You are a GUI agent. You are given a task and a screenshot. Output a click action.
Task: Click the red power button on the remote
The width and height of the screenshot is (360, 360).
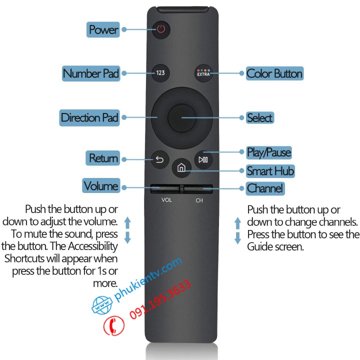pyautogui.click(x=160, y=29)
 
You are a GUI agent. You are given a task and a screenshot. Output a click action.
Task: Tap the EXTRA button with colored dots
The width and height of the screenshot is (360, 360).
pyautogui.click(x=202, y=73)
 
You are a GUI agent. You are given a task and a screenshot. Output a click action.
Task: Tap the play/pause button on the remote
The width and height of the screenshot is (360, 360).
pyautogui.click(x=202, y=159)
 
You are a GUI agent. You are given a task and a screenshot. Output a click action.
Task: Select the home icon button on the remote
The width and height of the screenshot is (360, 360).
pyautogui.click(x=181, y=168)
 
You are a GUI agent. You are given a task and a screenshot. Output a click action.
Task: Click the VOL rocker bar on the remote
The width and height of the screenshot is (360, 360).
pyautogui.click(x=165, y=189)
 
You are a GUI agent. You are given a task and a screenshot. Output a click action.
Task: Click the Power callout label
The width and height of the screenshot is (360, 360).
pyautogui.click(x=103, y=29)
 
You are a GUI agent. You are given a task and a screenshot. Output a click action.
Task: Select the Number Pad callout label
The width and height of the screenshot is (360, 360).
pyautogui.click(x=91, y=73)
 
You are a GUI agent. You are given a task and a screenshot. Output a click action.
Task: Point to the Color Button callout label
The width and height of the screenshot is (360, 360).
pyautogui.click(x=274, y=73)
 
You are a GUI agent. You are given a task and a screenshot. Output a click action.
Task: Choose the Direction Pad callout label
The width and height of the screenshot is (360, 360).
pyautogui.click(x=89, y=117)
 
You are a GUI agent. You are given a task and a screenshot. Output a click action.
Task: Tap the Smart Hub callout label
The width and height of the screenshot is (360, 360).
pyautogui.click(x=270, y=171)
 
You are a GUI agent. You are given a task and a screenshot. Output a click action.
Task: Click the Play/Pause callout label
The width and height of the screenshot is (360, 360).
pyautogui.click(x=268, y=152)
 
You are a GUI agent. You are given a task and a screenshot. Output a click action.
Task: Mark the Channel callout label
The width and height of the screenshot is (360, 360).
pyautogui.click(x=265, y=188)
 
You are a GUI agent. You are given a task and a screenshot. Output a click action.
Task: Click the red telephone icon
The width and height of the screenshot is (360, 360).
pyautogui.click(x=113, y=326)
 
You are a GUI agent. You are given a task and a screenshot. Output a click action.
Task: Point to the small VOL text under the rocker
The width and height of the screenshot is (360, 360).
pyautogui.click(x=166, y=200)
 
